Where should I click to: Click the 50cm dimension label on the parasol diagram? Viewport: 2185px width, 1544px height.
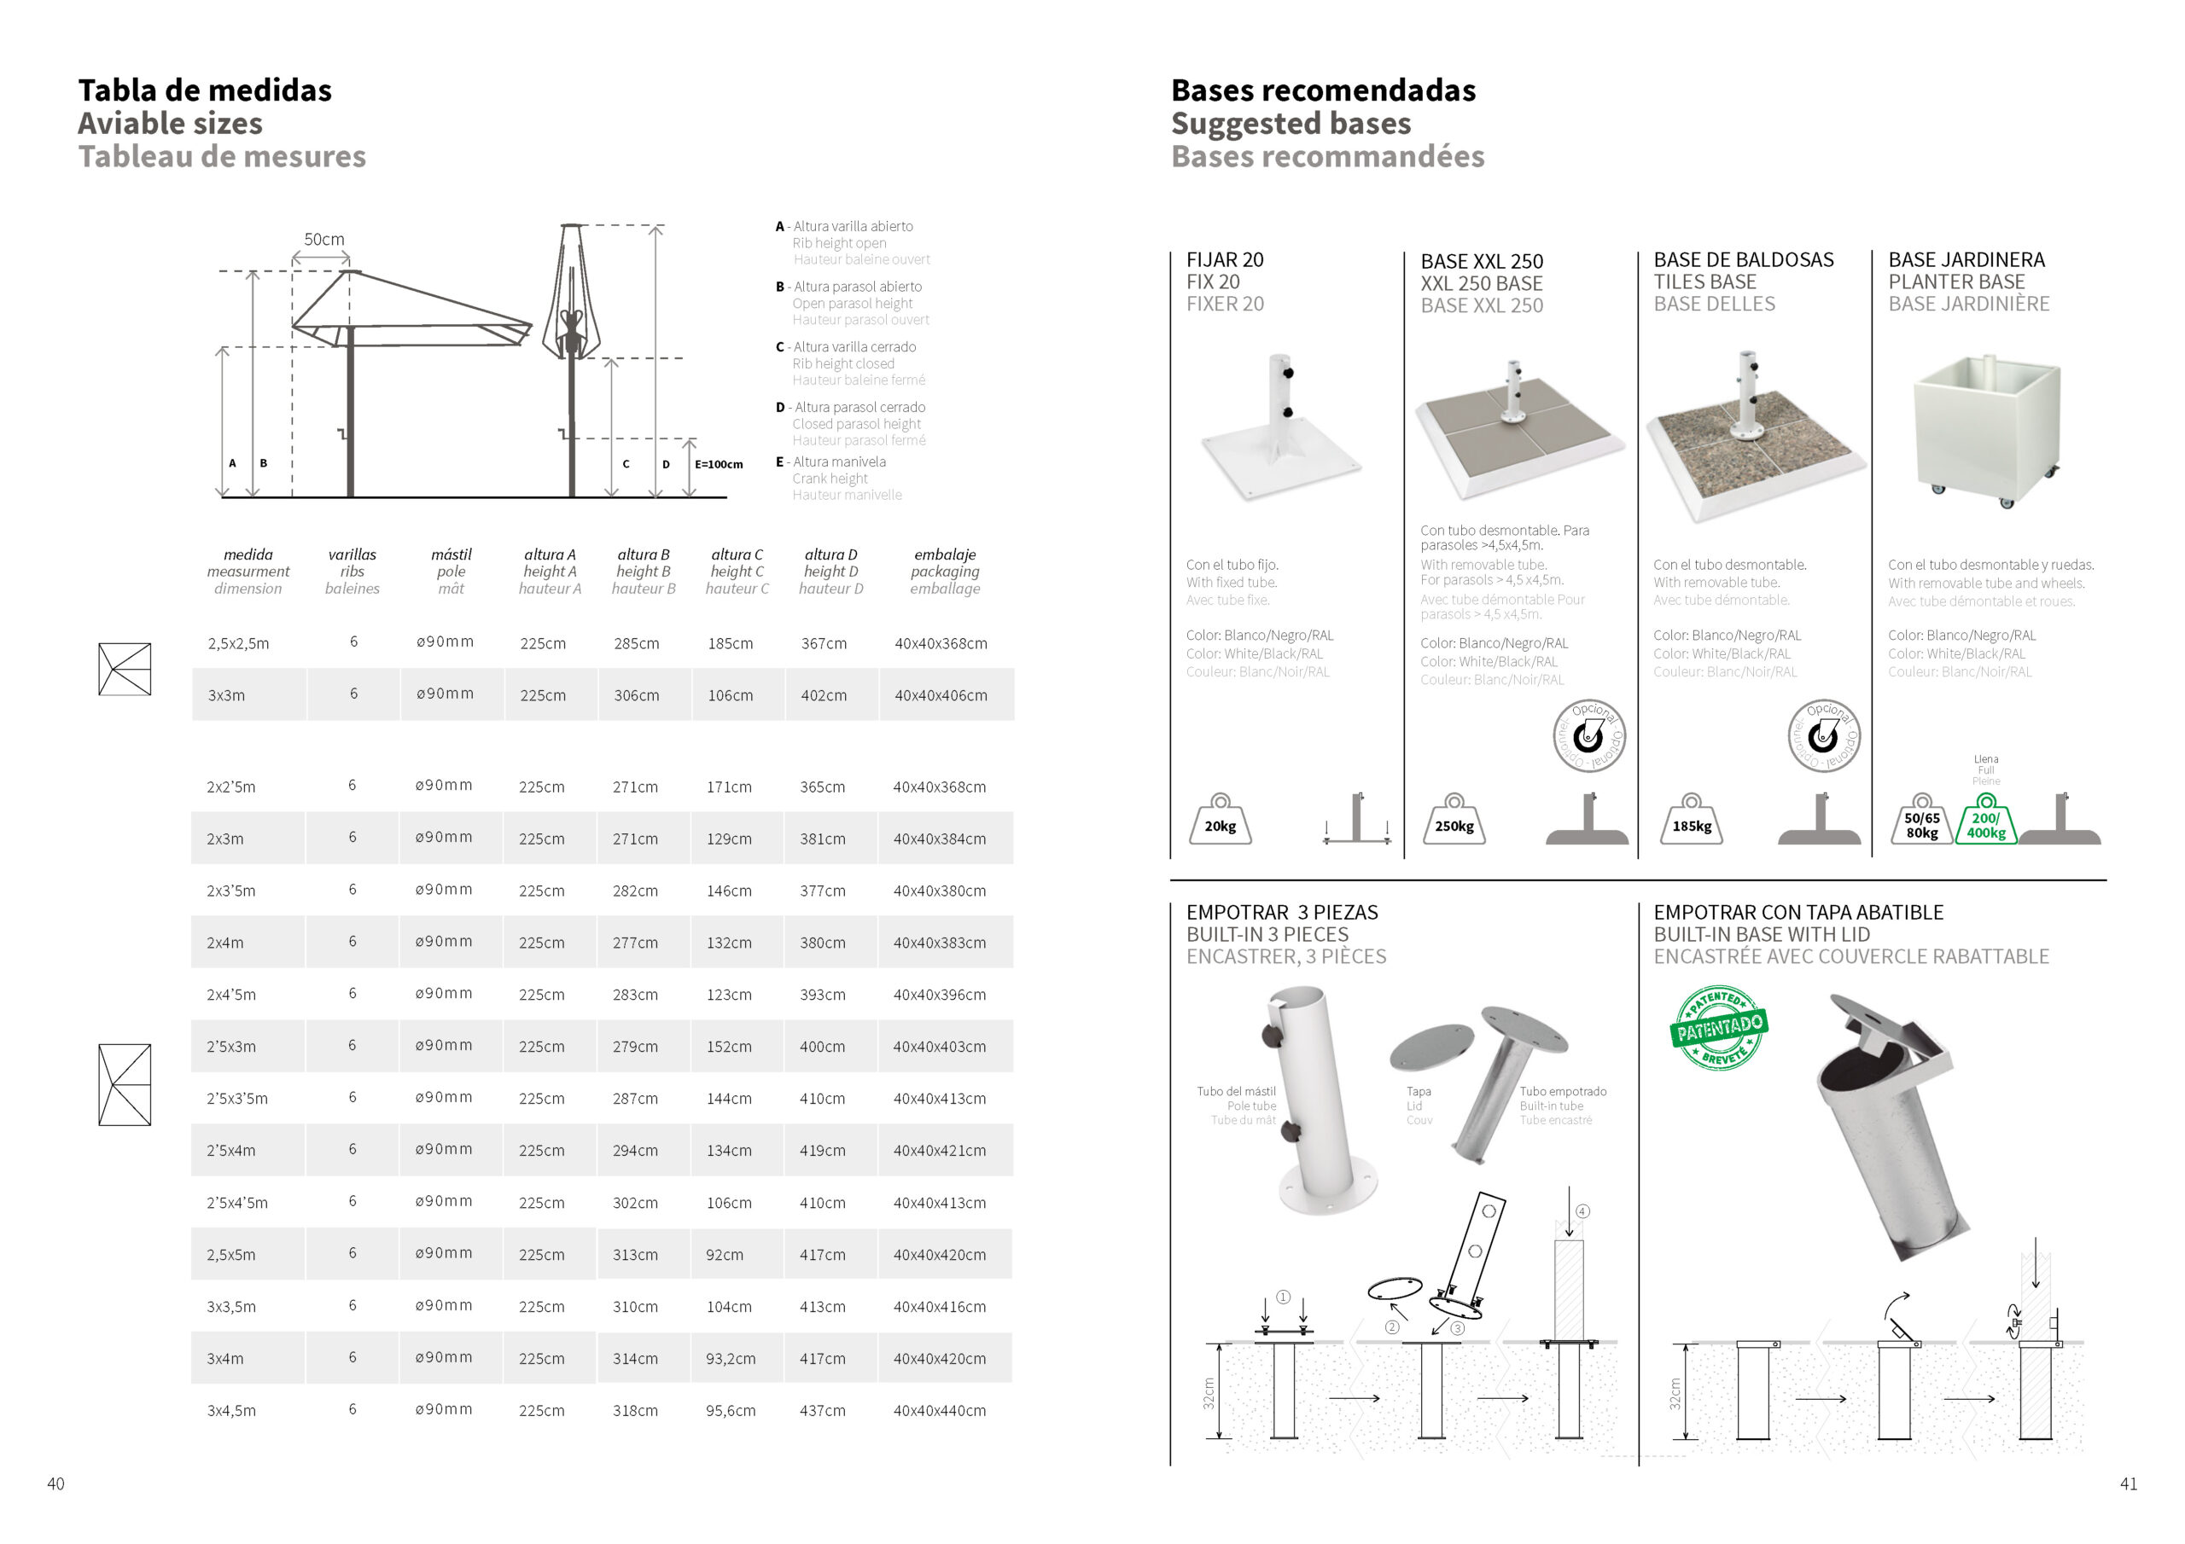point(323,240)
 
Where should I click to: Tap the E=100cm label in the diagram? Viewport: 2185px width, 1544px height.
point(719,464)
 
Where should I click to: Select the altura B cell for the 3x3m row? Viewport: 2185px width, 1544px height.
point(636,695)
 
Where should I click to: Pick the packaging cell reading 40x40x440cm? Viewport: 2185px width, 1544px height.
point(939,1411)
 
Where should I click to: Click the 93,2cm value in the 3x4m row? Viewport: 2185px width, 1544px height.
point(730,1359)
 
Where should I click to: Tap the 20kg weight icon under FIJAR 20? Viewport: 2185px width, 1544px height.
point(1220,821)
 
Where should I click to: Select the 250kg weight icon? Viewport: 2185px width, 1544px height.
point(1454,821)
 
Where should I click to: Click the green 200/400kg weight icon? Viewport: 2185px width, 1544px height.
point(1986,821)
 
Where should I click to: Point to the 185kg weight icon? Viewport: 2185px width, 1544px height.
point(1691,821)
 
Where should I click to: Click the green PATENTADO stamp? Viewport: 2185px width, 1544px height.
point(1720,1027)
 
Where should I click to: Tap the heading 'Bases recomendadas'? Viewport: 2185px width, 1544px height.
point(1323,90)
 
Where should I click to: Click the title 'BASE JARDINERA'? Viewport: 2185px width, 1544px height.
point(1966,259)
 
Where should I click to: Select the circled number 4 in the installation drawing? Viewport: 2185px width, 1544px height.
point(1582,1211)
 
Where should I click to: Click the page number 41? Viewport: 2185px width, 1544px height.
point(2129,1484)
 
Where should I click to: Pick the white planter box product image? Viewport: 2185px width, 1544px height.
point(1987,428)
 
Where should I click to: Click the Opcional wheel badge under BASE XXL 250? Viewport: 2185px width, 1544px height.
point(1588,736)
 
